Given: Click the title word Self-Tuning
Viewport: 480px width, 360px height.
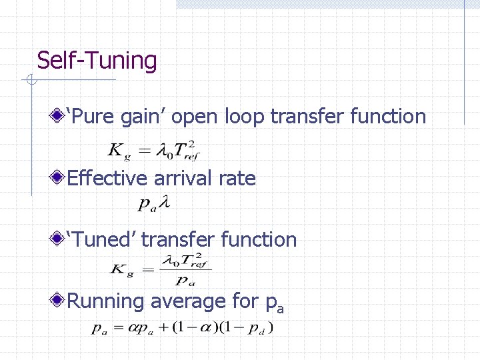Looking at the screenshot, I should click(97, 61).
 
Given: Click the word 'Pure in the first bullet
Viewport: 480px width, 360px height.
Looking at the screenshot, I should click(92, 117).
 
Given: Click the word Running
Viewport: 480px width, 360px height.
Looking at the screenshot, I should click(106, 301).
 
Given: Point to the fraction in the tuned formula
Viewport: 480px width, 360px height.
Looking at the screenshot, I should click(187, 269).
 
